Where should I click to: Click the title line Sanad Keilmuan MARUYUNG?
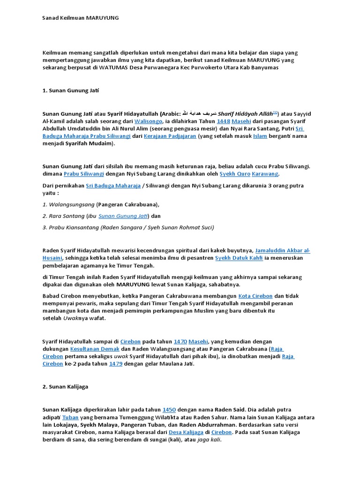tap(80, 18)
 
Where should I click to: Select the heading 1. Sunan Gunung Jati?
tap(71, 90)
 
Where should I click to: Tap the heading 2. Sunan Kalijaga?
tap(65, 387)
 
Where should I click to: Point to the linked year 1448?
tap(223, 121)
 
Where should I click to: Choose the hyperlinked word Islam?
tap(260, 136)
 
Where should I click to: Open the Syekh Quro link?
tap(234, 174)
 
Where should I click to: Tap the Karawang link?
tap(265, 174)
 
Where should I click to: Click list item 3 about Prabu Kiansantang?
tap(129, 227)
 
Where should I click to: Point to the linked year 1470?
tap(180, 341)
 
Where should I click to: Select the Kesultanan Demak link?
tap(95, 349)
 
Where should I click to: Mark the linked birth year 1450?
tap(170, 409)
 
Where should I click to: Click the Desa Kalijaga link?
tap(186, 432)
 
